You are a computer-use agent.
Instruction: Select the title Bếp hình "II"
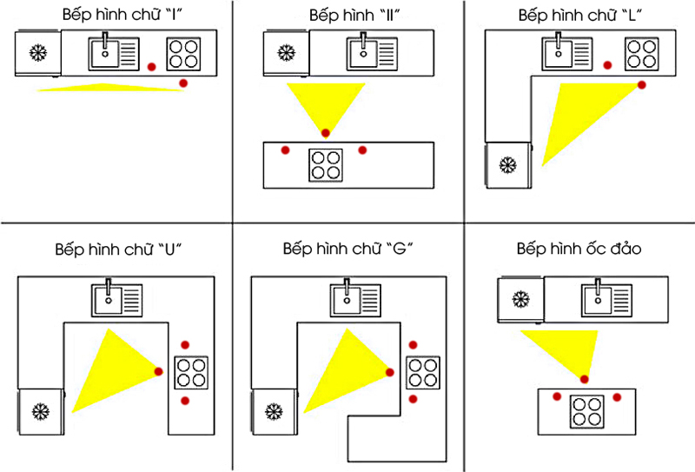click(x=347, y=17)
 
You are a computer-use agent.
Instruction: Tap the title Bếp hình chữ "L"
click(x=579, y=17)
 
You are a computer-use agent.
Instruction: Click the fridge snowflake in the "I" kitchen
click(x=37, y=53)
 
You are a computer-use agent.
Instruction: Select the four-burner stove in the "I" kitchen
click(x=183, y=53)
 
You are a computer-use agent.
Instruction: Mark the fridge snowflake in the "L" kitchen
click(x=506, y=163)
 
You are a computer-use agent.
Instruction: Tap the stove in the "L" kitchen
click(x=641, y=53)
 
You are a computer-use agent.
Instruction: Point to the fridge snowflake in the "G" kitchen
click(x=273, y=410)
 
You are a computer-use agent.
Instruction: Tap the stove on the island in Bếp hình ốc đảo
click(x=586, y=410)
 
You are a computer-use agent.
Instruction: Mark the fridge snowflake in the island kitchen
click(x=520, y=301)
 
